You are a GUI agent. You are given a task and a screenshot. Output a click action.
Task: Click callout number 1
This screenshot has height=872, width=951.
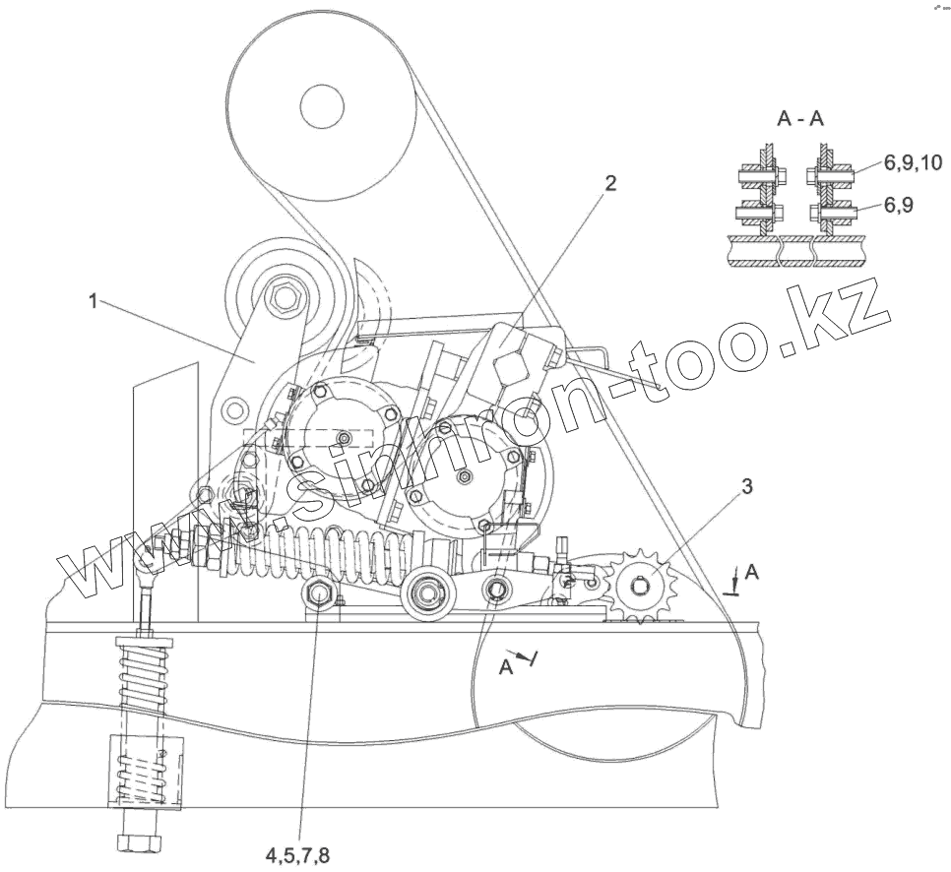pyautogui.click(x=94, y=302)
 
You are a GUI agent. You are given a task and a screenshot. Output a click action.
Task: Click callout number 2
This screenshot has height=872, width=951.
pyautogui.click(x=610, y=183)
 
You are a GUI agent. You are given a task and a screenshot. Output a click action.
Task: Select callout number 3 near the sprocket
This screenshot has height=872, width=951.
pyautogui.click(x=747, y=485)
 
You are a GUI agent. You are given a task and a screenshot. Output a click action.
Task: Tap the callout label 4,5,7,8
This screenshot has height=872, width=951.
pyautogui.click(x=297, y=853)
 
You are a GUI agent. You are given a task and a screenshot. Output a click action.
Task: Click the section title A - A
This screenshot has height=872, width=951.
pyautogui.click(x=800, y=120)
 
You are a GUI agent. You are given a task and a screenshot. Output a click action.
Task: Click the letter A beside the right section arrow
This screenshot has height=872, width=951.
pyautogui.click(x=751, y=571)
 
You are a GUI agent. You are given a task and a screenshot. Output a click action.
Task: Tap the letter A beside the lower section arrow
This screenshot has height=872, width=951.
pyautogui.click(x=504, y=665)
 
